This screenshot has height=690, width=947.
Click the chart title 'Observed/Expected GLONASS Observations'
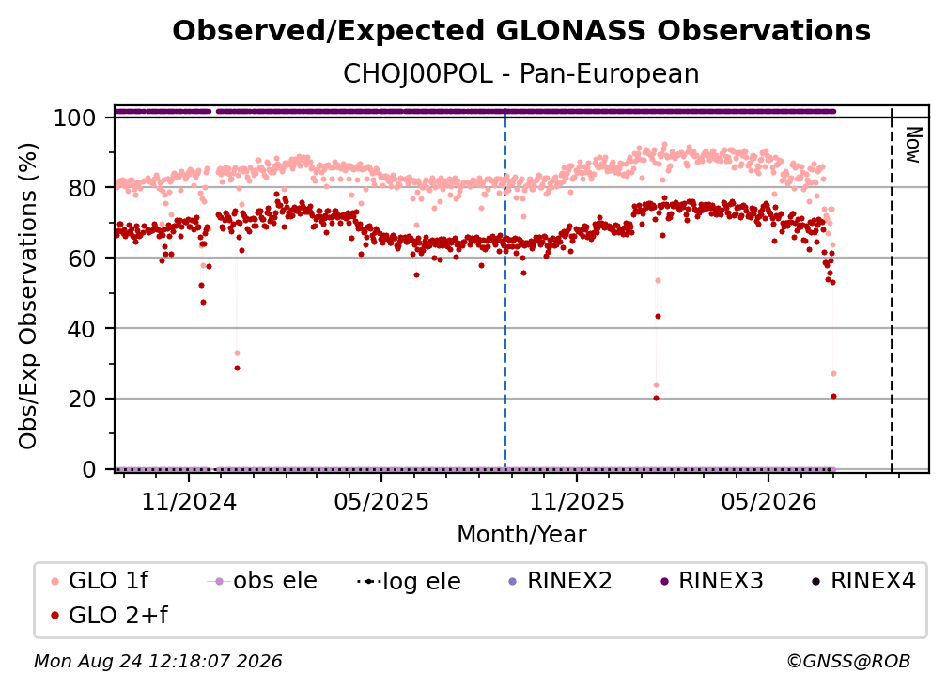click(521, 31)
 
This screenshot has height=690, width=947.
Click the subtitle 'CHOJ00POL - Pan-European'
click(521, 74)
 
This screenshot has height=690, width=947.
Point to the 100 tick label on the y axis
click(75, 118)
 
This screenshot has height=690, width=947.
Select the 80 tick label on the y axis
click(82, 188)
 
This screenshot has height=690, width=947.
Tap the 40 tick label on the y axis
click(82, 329)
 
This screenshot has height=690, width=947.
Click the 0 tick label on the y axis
click(89, 469)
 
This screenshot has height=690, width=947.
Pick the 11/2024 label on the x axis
click(189, 501)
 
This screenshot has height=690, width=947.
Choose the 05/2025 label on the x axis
click(381, 501)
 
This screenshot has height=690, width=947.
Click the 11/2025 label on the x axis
click(577, 501)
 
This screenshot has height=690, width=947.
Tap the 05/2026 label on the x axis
click(768, 501)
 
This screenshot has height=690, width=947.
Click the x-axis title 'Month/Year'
click(521, 535)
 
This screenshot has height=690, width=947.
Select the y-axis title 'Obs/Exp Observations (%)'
click(28, 296)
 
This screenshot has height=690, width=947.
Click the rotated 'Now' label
click(912, 145)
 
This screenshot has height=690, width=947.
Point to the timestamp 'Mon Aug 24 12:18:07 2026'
click(158, 662)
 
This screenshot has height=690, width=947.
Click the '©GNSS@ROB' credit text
click(848, 662)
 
